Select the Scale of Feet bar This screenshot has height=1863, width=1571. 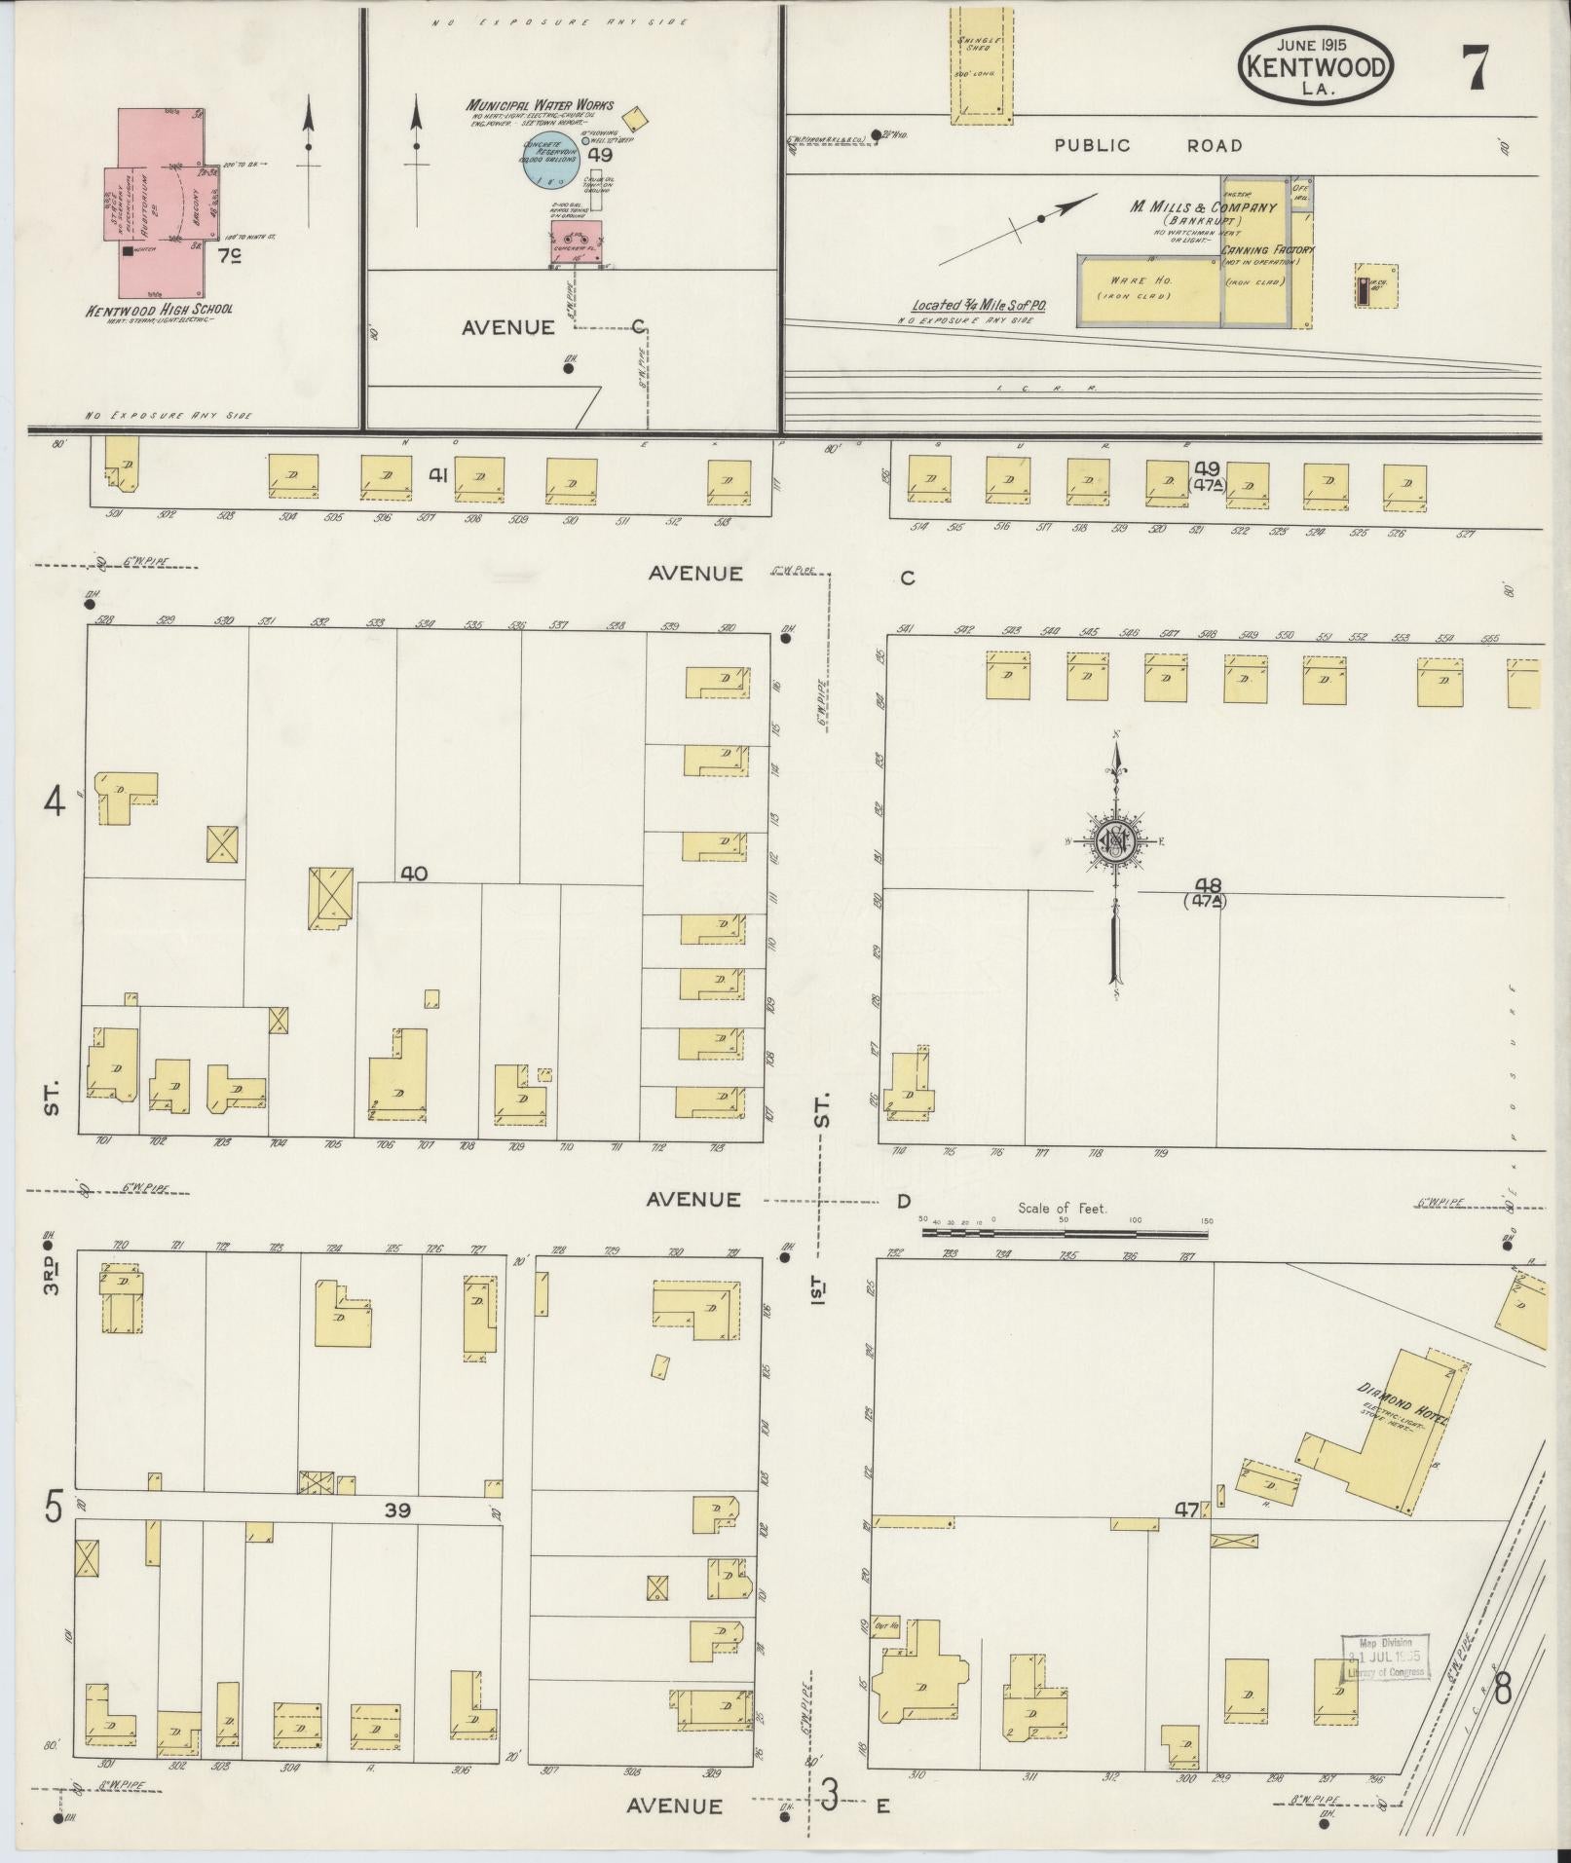click(x=1065, y=1233)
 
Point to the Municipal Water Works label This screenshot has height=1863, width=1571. click(x=540, y=105)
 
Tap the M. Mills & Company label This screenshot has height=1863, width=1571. click(x=1203, y=207)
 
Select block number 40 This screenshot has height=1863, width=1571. click(x=414, y=874)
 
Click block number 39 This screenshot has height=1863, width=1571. click(x=397, y=1509)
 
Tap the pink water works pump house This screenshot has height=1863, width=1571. click(x=576, y=242)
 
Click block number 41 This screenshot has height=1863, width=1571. click(x=438, y=475)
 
